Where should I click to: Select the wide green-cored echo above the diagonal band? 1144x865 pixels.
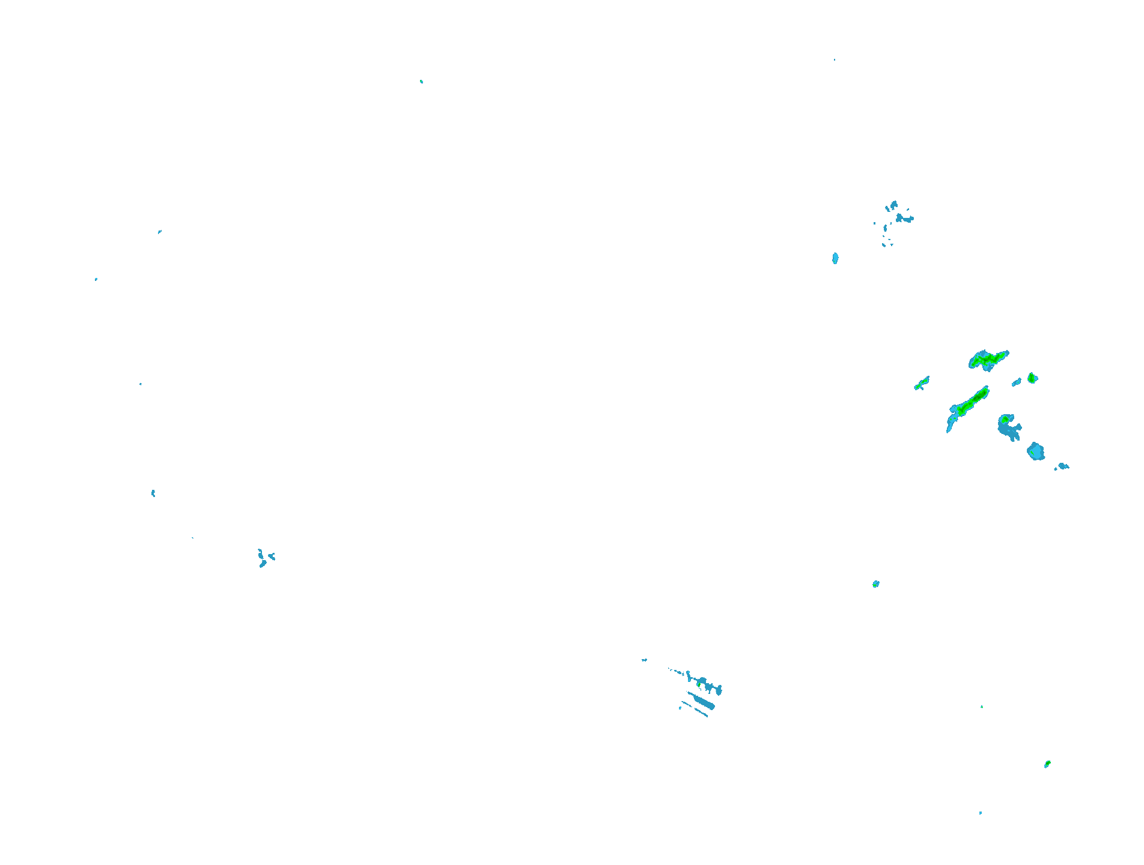[987, 360]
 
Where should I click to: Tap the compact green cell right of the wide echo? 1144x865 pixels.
[1032, 378]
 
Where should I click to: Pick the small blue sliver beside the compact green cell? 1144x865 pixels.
[1016, 382]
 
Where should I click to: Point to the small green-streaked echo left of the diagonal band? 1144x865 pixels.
[922, 383]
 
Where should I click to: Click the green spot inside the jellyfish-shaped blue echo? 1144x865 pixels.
[1005, 419]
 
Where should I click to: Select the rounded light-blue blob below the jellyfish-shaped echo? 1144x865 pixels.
[1035, 451]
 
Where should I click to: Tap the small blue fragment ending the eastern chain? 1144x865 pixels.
[1063, 466]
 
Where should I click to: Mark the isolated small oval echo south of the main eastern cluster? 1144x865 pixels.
[875, 584]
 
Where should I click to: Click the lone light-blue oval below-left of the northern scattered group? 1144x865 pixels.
[835, 258]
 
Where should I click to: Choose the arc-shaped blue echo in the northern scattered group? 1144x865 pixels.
[905, 219]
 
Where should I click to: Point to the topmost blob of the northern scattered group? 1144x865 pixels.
[893, 205]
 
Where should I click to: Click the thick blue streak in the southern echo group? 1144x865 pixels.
[701, 701]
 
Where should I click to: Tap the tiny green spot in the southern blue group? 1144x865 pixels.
[699, 684]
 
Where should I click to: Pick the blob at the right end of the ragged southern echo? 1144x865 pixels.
[719, 690]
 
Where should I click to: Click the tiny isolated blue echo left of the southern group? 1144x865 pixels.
[644, 660]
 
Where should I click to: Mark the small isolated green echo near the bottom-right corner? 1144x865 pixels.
[1047, 764]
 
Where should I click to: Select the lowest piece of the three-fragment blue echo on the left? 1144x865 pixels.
[263, 564]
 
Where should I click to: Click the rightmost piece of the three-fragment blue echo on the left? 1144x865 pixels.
[272, 557]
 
